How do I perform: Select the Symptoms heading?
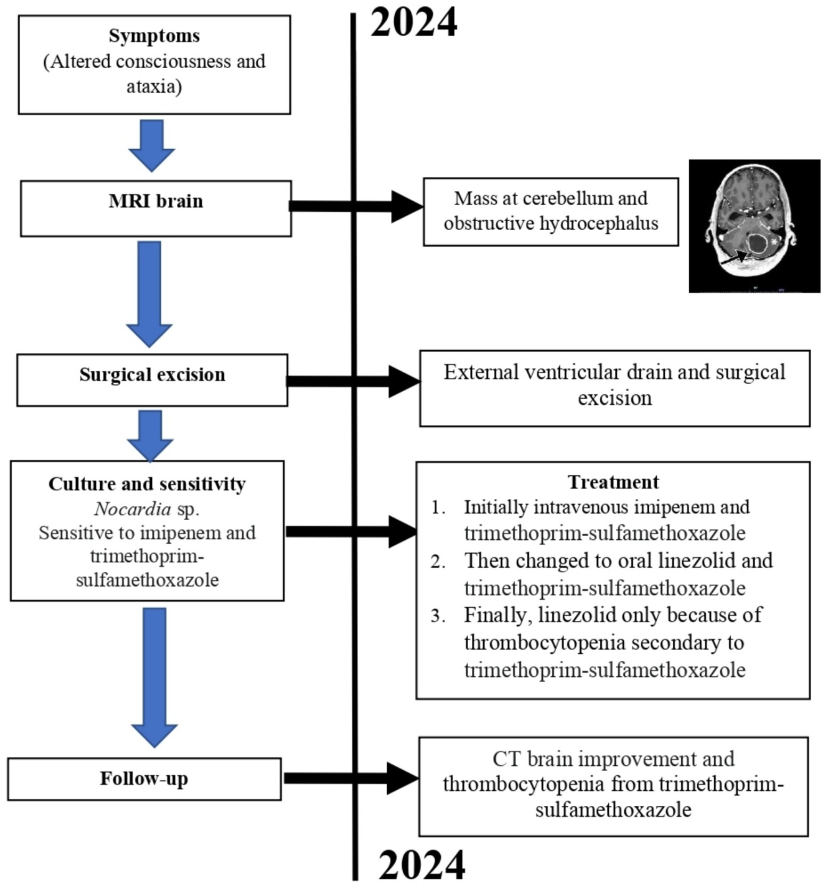154,36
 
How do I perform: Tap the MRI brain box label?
156,201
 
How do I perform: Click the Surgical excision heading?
152,375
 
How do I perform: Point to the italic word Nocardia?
132,509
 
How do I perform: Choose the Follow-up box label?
144,779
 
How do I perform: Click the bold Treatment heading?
613,482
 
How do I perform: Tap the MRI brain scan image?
754,225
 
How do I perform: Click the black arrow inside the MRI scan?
734,258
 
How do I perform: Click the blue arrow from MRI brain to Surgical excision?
149,293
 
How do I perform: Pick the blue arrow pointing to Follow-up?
154,677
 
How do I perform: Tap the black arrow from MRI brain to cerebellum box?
357,206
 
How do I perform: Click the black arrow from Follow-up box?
352,779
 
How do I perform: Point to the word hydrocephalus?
599,223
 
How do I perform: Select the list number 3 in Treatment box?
438,616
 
